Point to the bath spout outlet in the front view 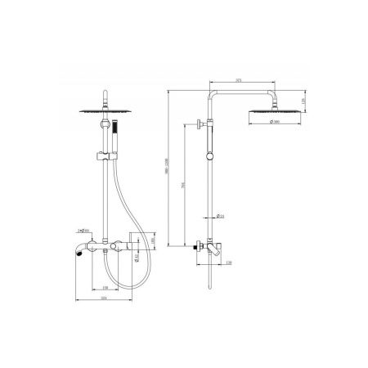(79, 252)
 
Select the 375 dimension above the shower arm (236, 81)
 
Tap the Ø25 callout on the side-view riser (220, 216)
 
